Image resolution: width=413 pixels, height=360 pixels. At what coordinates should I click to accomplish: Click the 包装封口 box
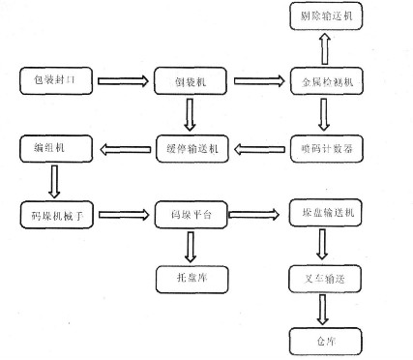pyautogui.click(x=56, y=82)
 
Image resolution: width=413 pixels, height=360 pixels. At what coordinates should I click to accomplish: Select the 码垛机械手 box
pyautogui.click(x=56, y=214)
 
